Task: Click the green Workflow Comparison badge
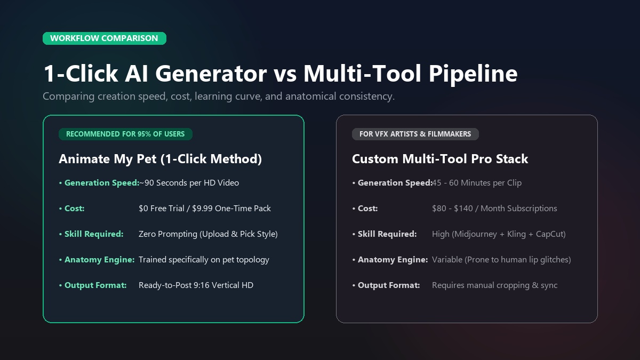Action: click(x=105, y=38)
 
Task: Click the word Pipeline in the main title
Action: click(x=473, y=74)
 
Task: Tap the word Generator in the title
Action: click(x=211, y=74)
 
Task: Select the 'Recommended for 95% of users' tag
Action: click(x=125, y=134)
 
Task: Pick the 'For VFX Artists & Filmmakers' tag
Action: click(x=415, y=134)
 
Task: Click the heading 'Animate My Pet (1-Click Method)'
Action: click(x=161, y=159)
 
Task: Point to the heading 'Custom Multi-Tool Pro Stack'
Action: click(x=440, y=159)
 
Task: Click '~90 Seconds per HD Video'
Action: click(x=189, y=183)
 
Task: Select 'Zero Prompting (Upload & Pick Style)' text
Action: click(x=208, y=234)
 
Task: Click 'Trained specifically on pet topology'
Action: click(x=204, y=260)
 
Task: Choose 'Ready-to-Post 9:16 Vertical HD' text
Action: click(x=196, y=285)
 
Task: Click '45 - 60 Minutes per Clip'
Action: click(x=477, y=183)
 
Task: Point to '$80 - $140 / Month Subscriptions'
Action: click(x=494, y=209)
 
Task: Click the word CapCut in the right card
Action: click(x=549, y=234)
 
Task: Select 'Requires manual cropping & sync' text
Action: click(x=494, y=285)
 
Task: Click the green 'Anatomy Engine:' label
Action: click(x=99, y=260)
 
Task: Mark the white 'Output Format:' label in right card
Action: click(x=389, y=285)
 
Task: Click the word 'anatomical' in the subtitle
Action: click(x=311, y=97)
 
